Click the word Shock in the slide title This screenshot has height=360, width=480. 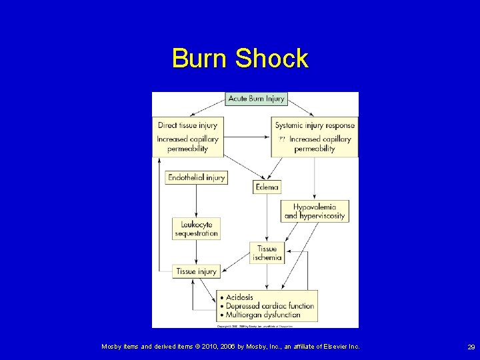pyautogui.click(x=271, y=59)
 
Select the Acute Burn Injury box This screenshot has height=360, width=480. pyautogui.click(x=257, y=99)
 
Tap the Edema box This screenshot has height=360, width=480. pyautogui.click(x=267, y=187)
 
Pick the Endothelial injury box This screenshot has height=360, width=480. pyautogui.click(x=196, y=178)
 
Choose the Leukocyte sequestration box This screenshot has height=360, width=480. pyautogui.click(x=196, y=229)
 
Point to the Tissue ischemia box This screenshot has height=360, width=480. pyautogui.click(x=267, y=253)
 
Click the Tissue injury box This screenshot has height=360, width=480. pyautogui.click(x=196, y=271)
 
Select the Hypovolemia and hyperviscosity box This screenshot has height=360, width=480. pyautogui.click(x=315, y=211)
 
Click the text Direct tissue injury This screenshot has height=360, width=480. pyautogui.click(x=187, y=125)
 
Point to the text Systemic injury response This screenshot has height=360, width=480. pyautogui.click(x=315, y=125)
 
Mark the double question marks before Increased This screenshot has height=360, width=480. pyautogui.click(x=282, y=139)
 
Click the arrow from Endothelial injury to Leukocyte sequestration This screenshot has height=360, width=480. pyautogui.click(x=196, y=201)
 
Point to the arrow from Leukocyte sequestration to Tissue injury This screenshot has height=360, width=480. pyautogui.click(x=196, y=252)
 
